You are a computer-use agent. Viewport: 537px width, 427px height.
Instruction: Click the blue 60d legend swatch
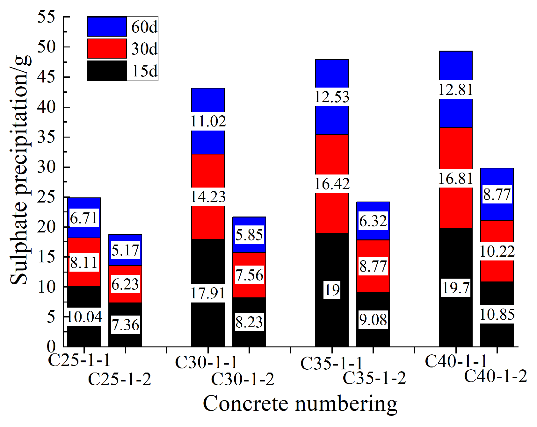[107, 27]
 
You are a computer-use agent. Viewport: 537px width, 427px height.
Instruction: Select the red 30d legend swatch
[107, 49]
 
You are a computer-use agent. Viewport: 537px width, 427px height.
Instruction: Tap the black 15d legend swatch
[107, 71]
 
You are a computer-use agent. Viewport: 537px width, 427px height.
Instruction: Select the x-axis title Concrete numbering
[300, 404]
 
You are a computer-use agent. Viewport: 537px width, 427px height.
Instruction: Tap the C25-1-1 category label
[79, 360]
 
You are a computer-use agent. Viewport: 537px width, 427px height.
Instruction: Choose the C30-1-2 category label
[243, 379]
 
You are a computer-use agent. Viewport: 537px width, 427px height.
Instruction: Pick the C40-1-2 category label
[496, 376]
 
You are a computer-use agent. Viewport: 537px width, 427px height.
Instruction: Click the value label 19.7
[456, 288]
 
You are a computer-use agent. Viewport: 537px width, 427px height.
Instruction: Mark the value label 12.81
[456, 89]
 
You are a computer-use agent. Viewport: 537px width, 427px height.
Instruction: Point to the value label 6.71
[84, 218]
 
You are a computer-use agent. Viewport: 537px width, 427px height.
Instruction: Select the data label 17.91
[208, 293]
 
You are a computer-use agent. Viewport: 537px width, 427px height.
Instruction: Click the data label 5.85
[249, 235]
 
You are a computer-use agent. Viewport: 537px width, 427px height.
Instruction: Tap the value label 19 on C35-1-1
[332, 290]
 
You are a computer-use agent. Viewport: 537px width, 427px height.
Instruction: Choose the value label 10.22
[497, 252]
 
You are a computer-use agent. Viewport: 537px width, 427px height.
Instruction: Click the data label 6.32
[373, 221]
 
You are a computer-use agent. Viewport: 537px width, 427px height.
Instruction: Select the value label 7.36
[125, 325]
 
